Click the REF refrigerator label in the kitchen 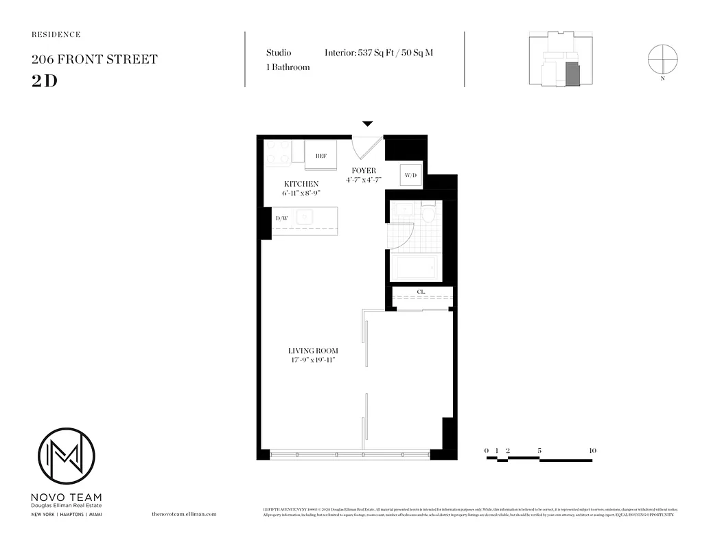320,156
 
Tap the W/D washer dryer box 410,175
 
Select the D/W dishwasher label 281,219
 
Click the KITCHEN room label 301,184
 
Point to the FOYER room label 363,170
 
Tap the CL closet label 421,292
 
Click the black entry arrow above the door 367,124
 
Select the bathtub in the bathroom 418,267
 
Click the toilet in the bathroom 428,213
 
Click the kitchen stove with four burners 278,152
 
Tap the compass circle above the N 663,58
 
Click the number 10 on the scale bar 592,450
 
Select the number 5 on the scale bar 540,450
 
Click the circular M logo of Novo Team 66,456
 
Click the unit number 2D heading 44,80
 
